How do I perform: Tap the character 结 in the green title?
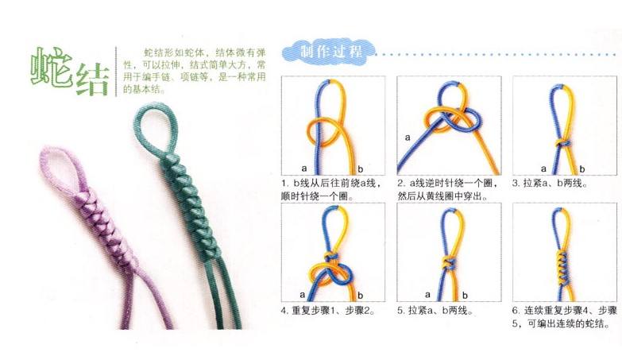tap(94, 79)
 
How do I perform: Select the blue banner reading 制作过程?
tap(330, 52)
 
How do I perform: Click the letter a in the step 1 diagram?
tap(304, 169)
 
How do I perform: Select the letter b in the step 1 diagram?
tap(359, 169)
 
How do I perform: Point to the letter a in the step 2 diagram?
tap(408, 137)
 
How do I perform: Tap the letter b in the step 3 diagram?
tap(583, 169)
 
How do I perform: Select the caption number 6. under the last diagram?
tap(517, 310)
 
